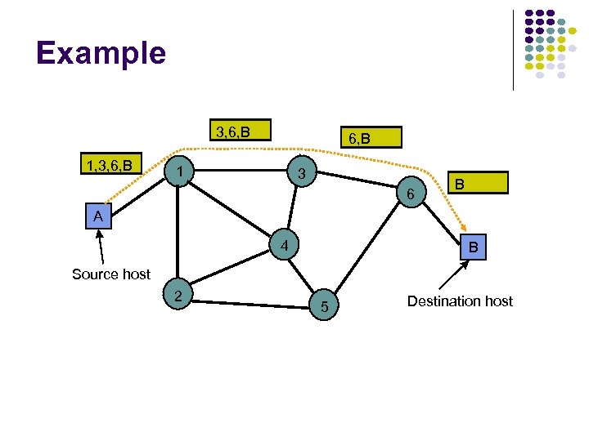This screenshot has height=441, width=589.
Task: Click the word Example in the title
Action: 101,53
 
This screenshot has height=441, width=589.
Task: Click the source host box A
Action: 98,216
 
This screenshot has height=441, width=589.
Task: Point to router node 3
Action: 301,175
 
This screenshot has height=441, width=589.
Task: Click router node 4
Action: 281,245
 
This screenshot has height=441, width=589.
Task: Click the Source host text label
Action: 111,274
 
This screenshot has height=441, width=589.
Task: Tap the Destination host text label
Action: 460,301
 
